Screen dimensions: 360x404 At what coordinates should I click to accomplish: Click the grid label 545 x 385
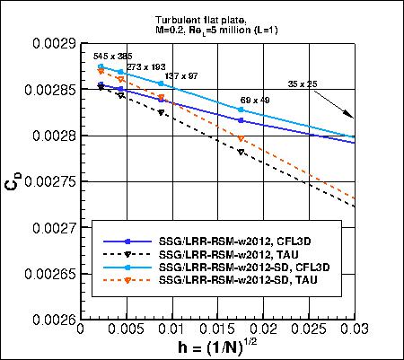point(112,57)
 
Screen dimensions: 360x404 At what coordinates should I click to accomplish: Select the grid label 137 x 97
point(182,77)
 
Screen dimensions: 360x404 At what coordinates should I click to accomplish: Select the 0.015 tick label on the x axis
point(216,329)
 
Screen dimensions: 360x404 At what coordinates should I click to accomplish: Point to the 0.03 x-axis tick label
point(355,329)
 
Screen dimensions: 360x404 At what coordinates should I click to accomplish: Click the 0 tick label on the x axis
point(81,329)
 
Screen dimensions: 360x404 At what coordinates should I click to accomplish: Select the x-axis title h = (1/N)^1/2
point(218,348)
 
